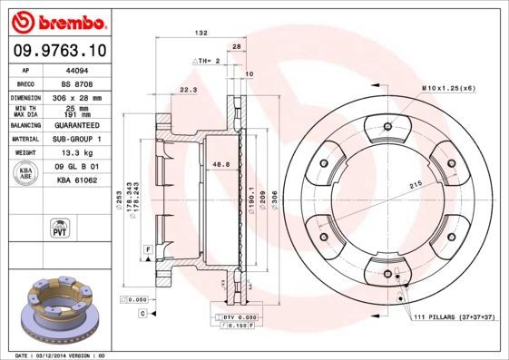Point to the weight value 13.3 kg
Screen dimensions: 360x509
tap(73, 153)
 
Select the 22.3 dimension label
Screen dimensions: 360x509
tap(189, 90)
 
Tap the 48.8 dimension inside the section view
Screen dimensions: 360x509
tap(219, 164)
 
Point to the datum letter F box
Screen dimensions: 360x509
tap(146, 248)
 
